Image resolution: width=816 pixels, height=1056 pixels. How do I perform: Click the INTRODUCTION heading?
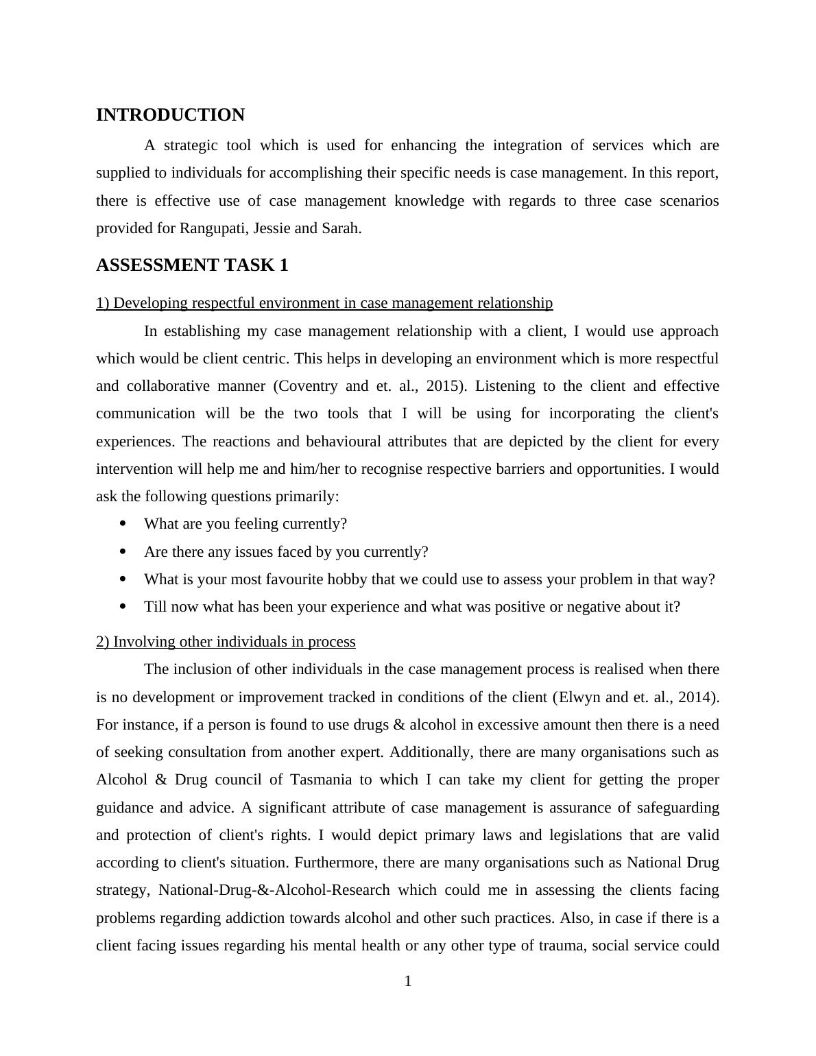point(170,115)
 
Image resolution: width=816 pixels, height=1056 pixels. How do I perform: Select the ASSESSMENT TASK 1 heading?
point(192,265)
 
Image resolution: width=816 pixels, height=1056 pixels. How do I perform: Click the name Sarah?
point(340,228)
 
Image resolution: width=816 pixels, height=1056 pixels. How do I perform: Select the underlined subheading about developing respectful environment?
point(324,303)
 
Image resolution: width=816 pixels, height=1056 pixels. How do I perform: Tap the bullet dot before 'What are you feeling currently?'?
point(123,524)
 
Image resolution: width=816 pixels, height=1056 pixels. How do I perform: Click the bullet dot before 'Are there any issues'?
point(123,551)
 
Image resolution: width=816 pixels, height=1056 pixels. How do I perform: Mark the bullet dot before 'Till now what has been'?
point(123,607)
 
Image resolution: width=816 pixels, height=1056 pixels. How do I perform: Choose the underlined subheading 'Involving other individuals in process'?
point(226,642)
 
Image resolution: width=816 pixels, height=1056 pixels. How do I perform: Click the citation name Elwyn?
point(580,697)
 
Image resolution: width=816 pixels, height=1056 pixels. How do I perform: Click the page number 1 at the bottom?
point(408,982)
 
